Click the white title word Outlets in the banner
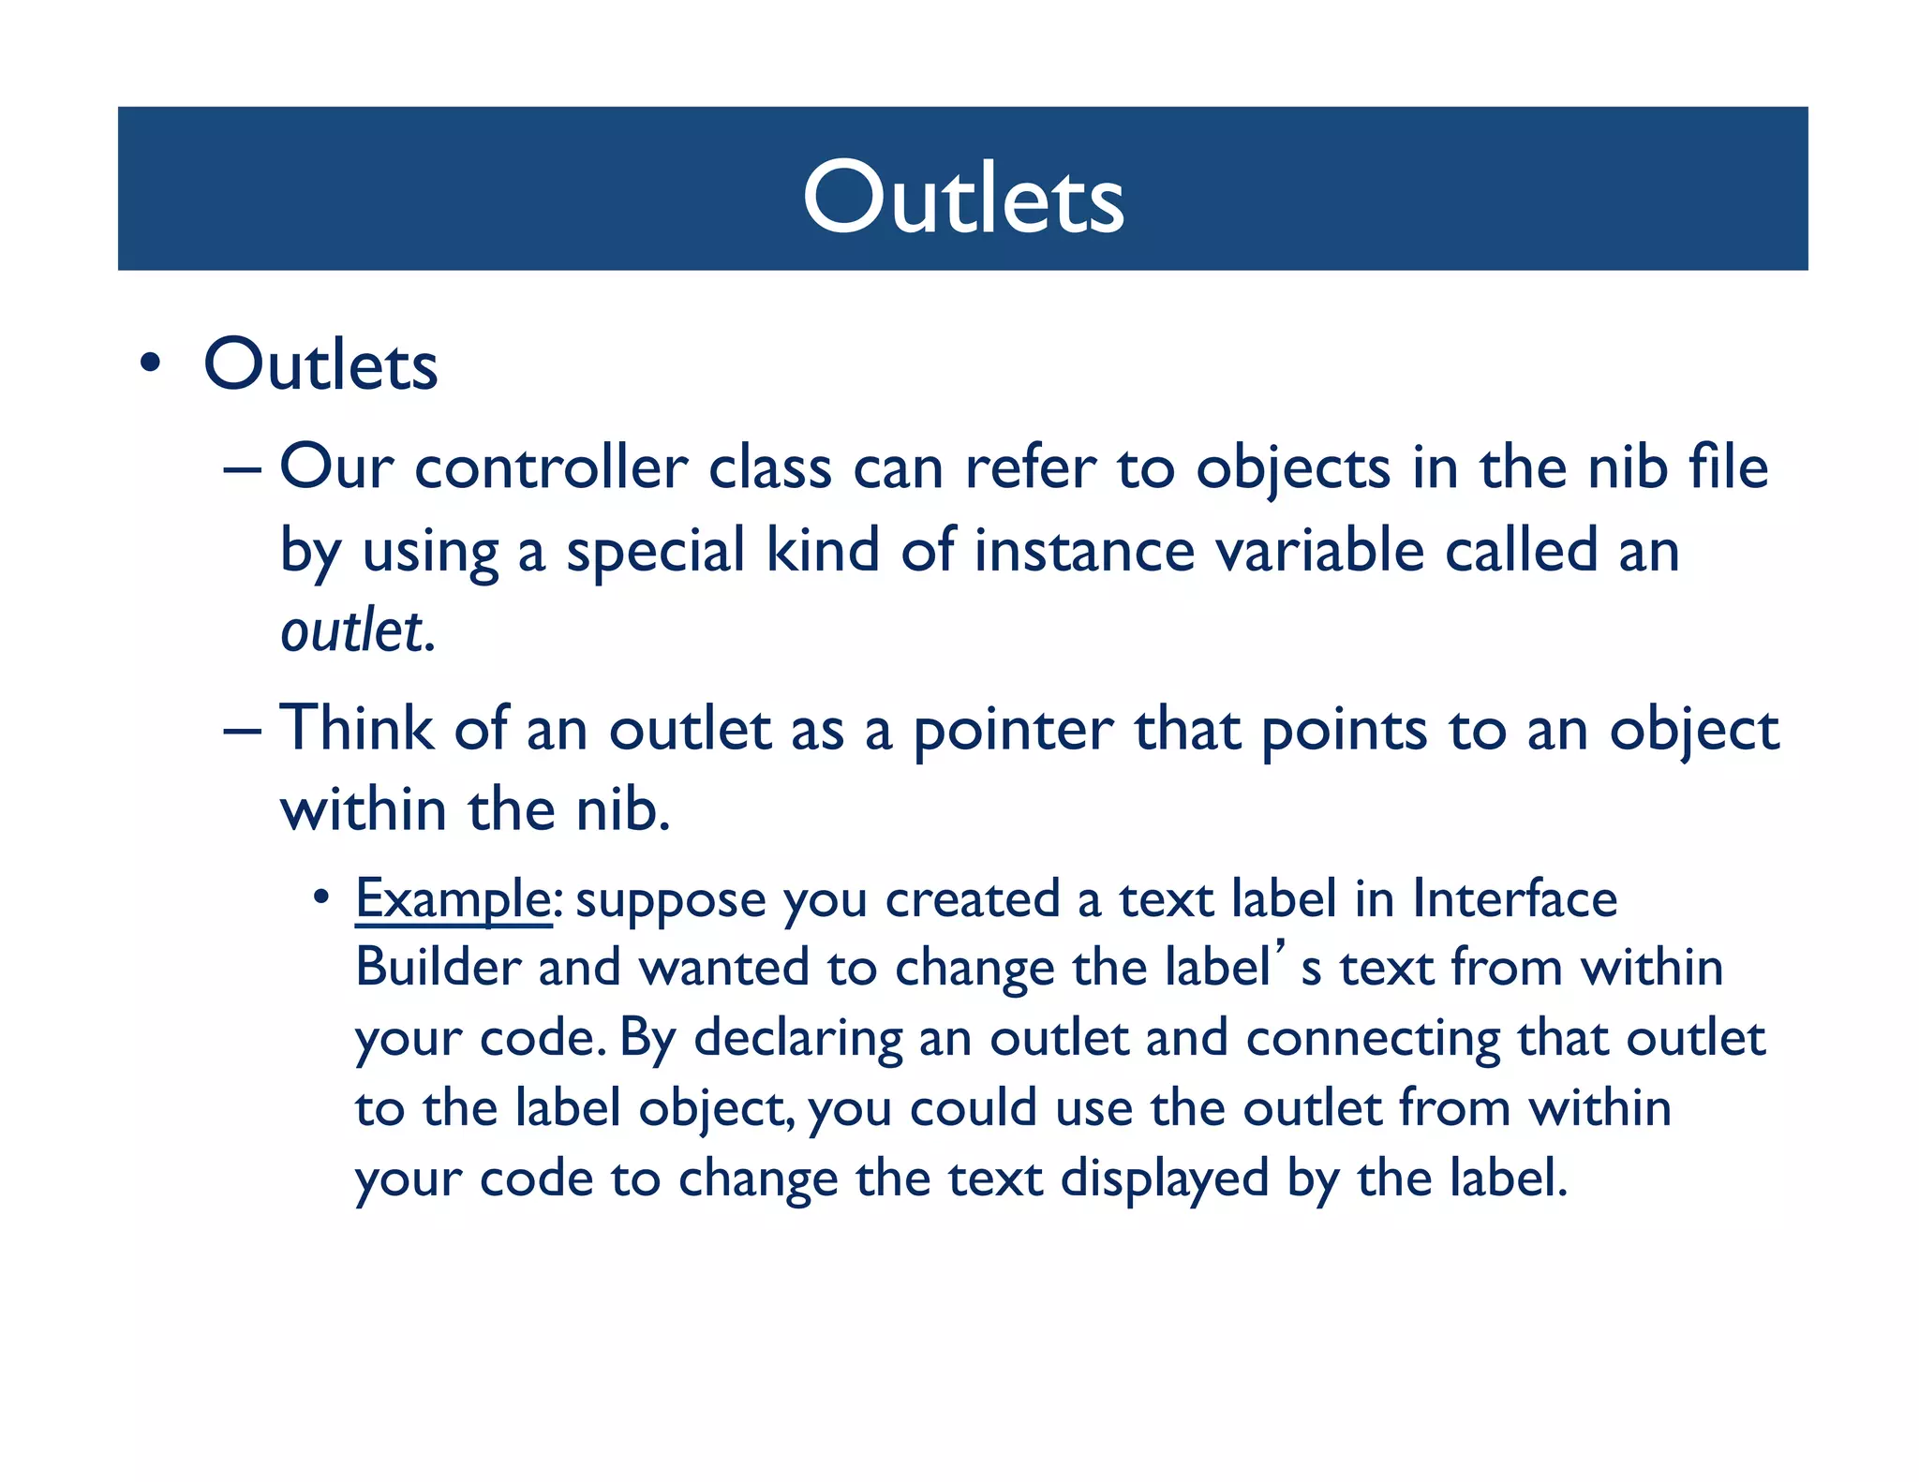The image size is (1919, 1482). (x=962, y=197)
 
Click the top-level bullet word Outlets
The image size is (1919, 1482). (x=320, y=364)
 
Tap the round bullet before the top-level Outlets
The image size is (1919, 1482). (x=150, y=364)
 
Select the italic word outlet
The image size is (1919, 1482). (x=351, y=630)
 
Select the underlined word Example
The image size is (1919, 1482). (x=453, y=900)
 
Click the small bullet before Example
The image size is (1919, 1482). (x=321, y=897)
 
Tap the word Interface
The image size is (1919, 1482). (x=1514, y=898)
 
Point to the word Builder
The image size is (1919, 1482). (x=438, y=968)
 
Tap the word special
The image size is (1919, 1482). (x=656, y=552)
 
